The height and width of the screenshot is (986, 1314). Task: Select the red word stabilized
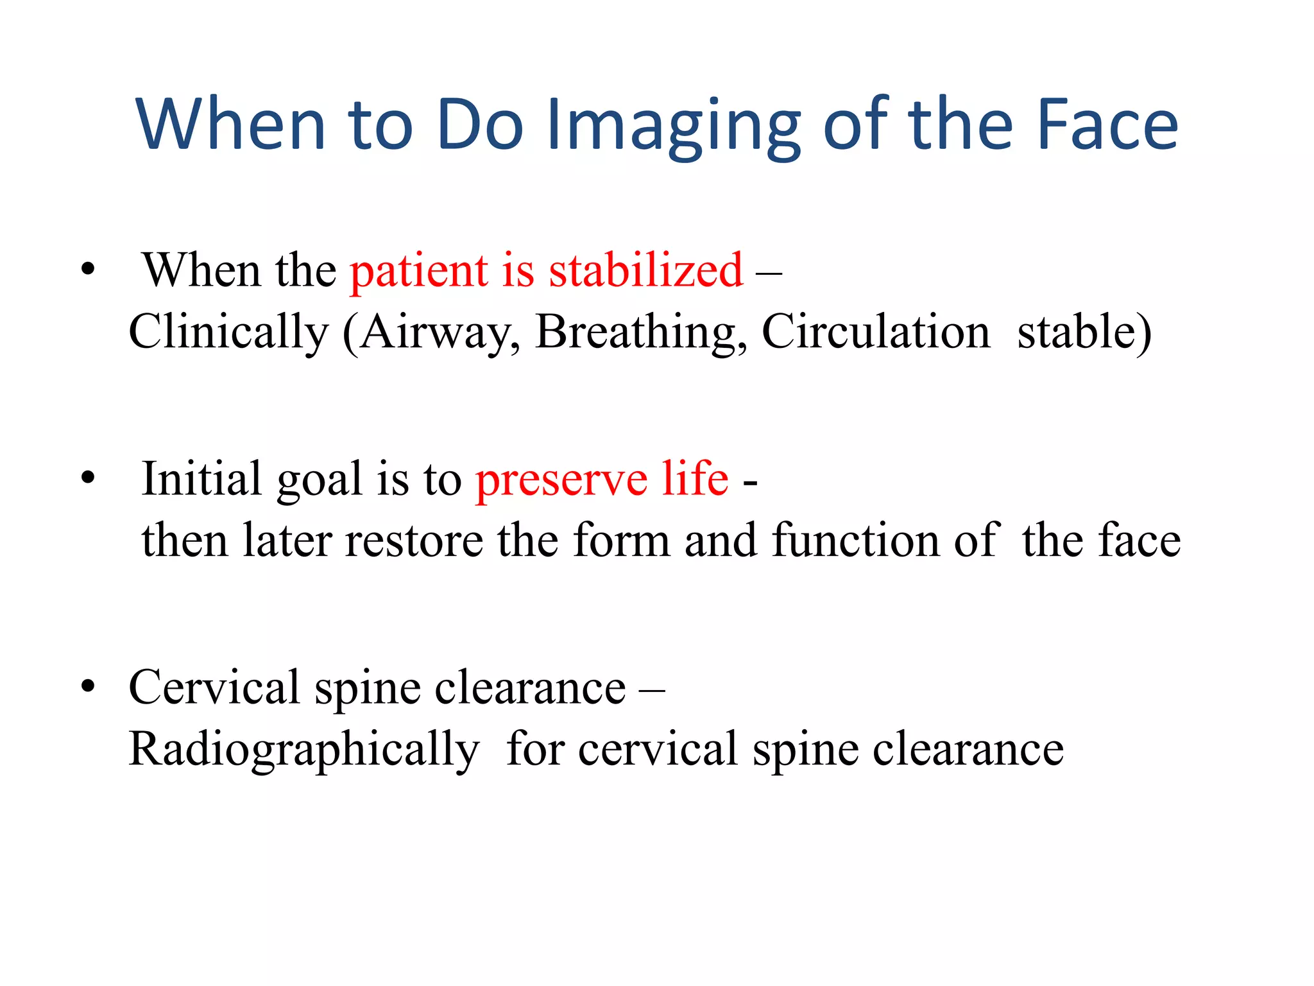coord(645,270)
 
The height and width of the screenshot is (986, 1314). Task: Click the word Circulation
coord(876,332)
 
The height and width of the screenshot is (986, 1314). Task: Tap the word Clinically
coord(228,332)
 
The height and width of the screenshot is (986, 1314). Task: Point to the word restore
coord(414,540)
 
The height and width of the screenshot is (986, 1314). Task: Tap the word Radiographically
coord(303,749)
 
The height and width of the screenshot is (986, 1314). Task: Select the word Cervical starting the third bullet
coord(214,688)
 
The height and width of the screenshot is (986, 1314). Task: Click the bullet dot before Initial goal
coord(89,478)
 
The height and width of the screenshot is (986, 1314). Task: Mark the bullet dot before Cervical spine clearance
coord(89,686)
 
